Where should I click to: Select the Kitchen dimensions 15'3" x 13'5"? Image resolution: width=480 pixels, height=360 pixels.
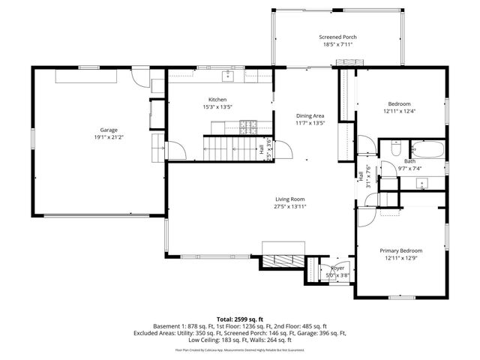pyautogui.click(x=217, y=107)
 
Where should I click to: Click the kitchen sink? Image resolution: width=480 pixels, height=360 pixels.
pyautogui.click(x=228, y=76)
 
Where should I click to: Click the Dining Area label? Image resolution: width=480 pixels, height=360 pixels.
pyautogui.click(x=310, y=115)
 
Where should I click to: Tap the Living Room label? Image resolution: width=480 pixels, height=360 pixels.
pyautogui.click(x=289, y=199)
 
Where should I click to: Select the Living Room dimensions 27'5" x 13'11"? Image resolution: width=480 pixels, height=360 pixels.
pyautogui.click(x=289, y=206)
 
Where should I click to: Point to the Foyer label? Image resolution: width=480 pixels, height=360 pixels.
pyautogui.click(x=337, y=268)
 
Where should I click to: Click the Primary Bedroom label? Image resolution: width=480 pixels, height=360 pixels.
pyautogui.click(x=400, y=250)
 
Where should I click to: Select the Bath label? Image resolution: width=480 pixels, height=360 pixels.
pyautogui.click(x=409, y=161)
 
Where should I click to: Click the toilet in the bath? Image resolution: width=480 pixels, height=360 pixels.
pyautogui.click(x=394, y=148)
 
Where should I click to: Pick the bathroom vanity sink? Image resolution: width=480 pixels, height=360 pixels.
pyautogui.click(x=422, y=182)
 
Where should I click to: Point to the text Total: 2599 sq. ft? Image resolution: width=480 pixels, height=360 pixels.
pyautogui.click(x=240, y=319)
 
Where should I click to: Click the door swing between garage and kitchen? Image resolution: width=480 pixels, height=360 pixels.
pyautogui.click(x=172, y=150)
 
